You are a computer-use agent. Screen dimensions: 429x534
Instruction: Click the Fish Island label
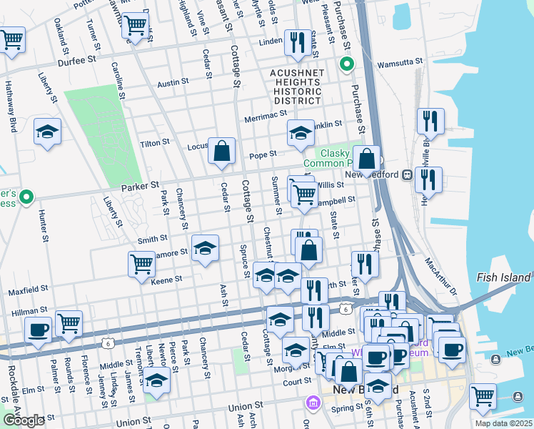coord(503,277)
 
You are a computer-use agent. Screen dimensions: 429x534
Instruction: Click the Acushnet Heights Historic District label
coord(297,86)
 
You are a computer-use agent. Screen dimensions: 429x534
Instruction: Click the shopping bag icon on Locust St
coord(222,151)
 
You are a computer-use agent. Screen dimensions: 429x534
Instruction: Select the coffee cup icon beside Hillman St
coord(38,330)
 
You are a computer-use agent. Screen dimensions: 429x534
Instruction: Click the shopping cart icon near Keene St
coord(141,263)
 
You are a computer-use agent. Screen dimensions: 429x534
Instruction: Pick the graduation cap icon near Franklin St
coord(301,132)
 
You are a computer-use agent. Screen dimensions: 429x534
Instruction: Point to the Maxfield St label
coord(27,291)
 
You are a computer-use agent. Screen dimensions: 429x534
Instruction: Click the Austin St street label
coord(173,82)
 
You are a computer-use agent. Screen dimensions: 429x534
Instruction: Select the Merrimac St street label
coord(264,117)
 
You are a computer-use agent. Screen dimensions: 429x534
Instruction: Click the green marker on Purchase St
coord(346,65)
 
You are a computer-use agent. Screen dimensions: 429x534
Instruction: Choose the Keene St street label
coord(168,281)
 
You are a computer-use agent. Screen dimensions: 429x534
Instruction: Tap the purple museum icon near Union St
coord(312,403)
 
